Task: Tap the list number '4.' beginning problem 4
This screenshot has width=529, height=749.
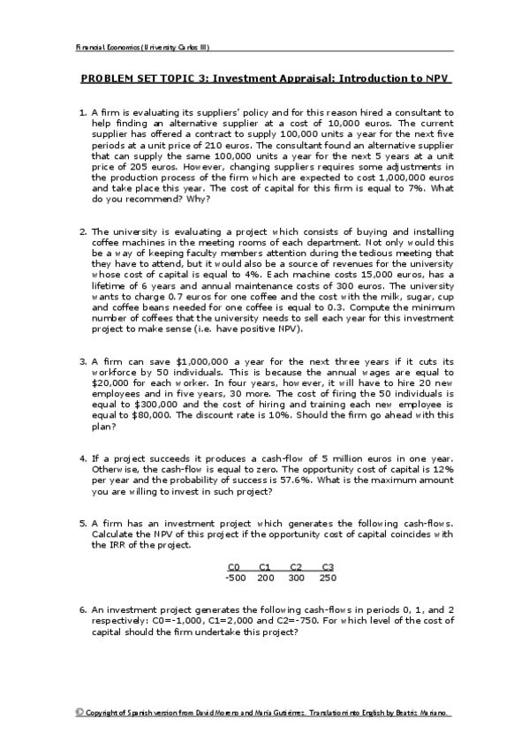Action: [83, 458]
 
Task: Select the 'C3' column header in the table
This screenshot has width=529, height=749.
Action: [328, 566]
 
